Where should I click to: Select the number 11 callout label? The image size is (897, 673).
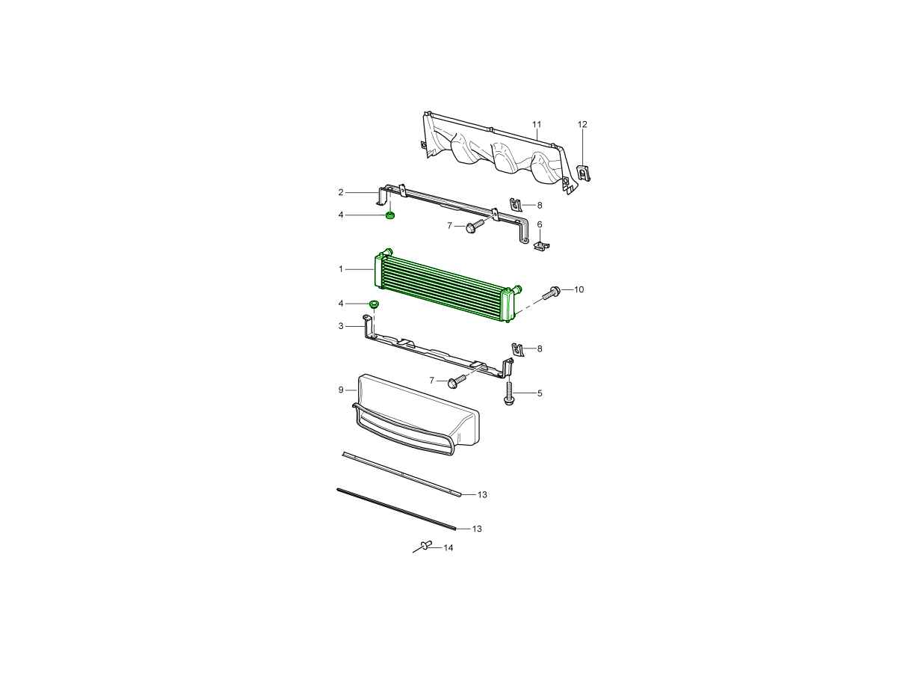point(537,124)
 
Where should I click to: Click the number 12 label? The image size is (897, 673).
point(582,124)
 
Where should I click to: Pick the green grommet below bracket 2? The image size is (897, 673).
point(390,215)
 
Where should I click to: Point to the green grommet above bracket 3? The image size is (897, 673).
point(374,304)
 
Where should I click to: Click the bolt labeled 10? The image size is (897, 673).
point(551,292)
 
